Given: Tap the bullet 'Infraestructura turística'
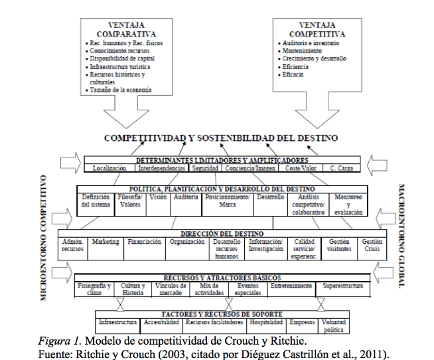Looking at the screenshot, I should [121, 67].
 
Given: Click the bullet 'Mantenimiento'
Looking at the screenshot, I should [303, 50].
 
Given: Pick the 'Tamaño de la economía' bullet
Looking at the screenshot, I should [122, 90].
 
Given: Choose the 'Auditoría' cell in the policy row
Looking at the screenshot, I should [186, 197].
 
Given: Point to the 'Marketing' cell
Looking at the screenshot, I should [106, 242].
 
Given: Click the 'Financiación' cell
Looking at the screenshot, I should [144, 242].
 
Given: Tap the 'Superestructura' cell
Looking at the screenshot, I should [343, 286].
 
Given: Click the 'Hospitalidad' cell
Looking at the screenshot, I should [265, 321].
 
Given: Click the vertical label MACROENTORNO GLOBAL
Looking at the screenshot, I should [401, 235].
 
